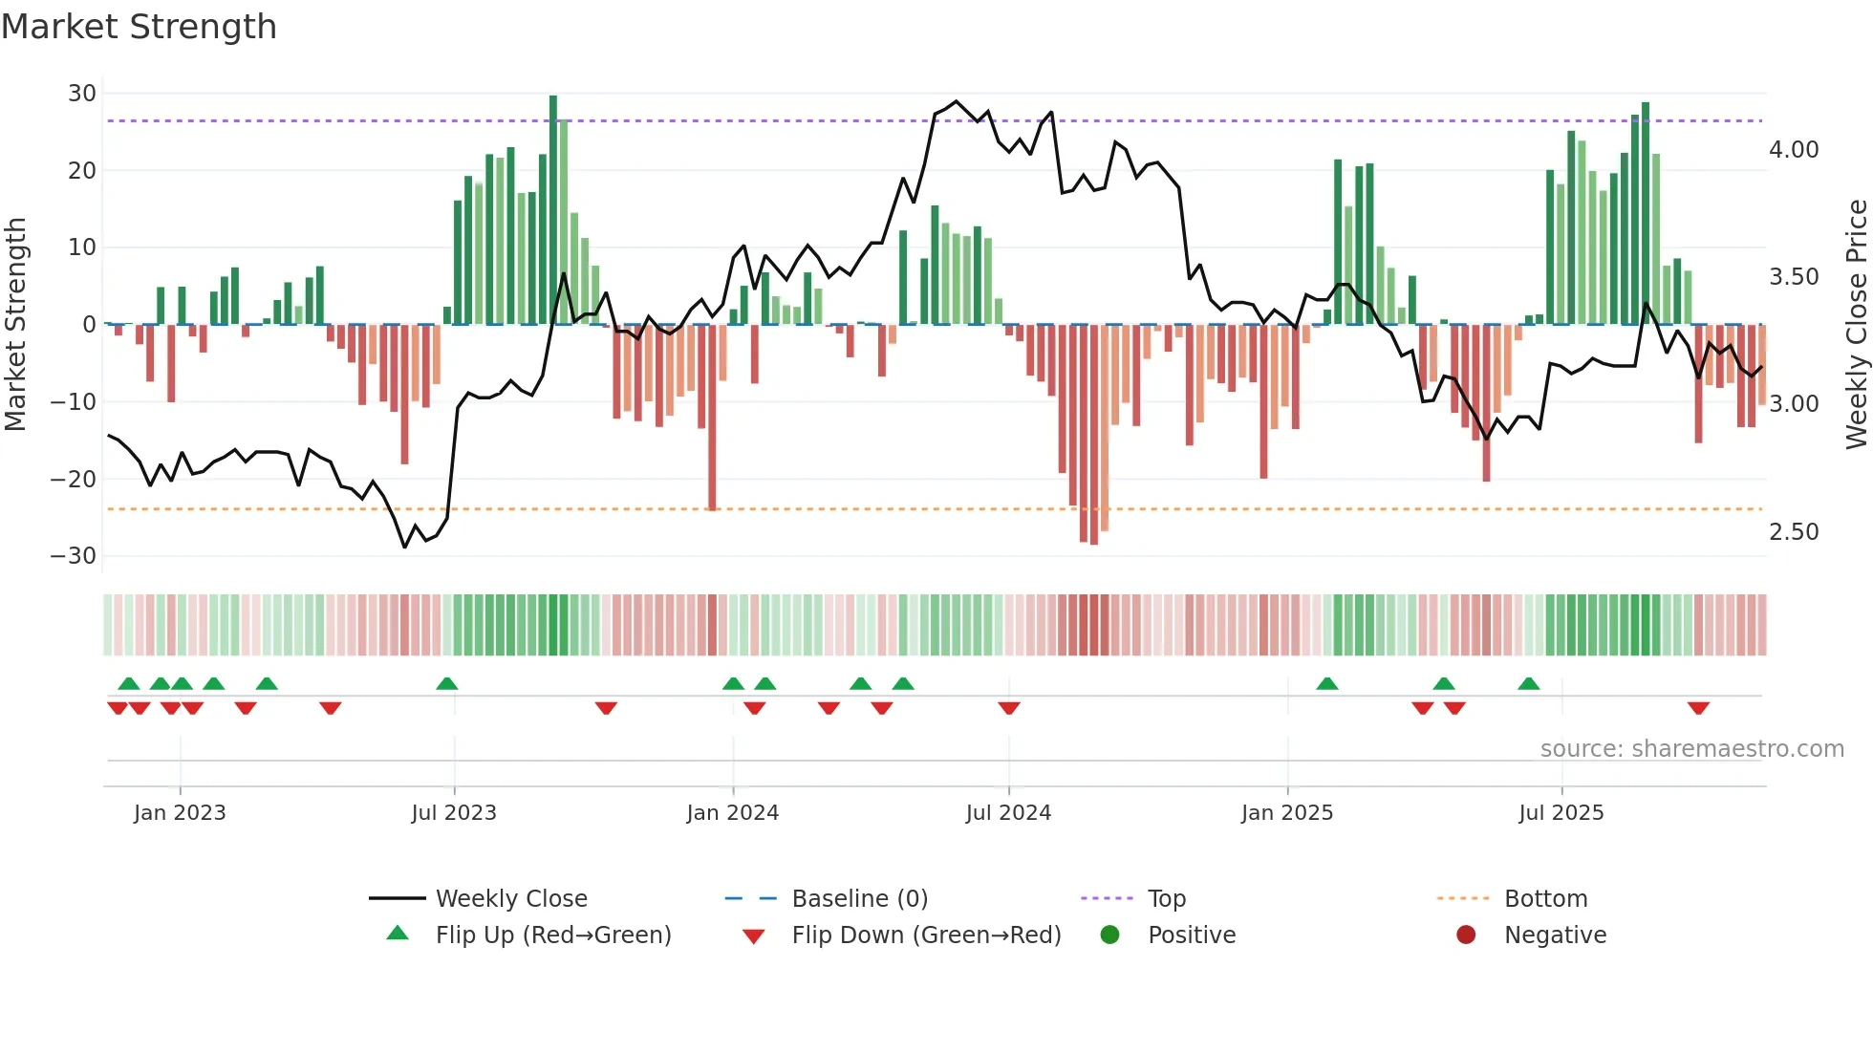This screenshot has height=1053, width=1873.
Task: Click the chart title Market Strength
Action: [139, 27]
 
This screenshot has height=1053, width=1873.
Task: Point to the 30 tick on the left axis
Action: [82, 94]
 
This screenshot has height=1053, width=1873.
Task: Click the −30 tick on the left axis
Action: [74, 556]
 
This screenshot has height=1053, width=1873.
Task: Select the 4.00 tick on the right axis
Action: [1794, 150]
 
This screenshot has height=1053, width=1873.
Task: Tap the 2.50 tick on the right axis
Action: [1794, 532]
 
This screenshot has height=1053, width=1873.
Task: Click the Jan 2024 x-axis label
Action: [732, 813]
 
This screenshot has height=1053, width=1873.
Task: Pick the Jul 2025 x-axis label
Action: [1561, 813]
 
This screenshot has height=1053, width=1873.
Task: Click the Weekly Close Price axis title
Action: [1856, 325]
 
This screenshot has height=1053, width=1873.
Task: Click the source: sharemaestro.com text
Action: [1691, 749]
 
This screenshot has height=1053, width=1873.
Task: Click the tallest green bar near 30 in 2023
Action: [553, 210]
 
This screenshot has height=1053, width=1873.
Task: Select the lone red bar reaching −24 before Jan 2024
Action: [712, 417]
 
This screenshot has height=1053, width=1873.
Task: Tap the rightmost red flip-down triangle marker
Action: [1698, 708]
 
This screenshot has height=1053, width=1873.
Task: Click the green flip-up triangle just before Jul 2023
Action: [446, 683]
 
